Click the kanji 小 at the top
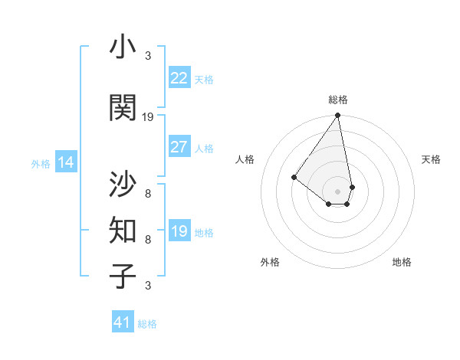coord(123,48)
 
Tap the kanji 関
coord(123,108)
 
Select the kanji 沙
coord(123,184)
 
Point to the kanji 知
coord(123,231)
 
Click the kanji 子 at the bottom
coord(123,277)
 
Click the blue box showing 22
coord(179,78)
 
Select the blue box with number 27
coord(179,147)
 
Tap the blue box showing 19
coord(179,231)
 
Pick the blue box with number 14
coord(66,162)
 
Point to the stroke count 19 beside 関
coord(148,116)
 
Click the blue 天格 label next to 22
coord(204,79)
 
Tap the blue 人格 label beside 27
coord(204,148)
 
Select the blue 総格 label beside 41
coord(147,324)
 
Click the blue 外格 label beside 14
coord(41,163)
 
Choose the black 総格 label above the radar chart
coord(338,100)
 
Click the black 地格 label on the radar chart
coord(402,262)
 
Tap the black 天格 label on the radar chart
coord(431,159)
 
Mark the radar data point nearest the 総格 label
coord(337,116)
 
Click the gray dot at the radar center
coord(338,191)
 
